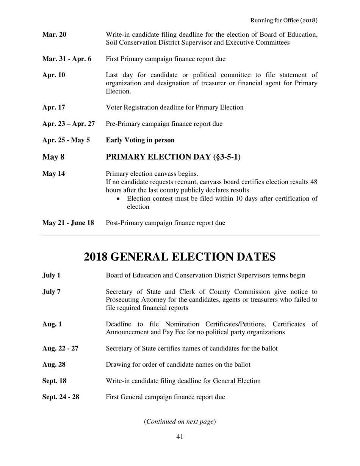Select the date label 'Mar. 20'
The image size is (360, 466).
(54, 35)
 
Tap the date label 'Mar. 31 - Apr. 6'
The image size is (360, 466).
(67, 59)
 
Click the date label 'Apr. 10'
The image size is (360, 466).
(53, 75)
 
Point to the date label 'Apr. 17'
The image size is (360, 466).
(53, 107)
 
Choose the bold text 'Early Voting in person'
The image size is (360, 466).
(140, 140)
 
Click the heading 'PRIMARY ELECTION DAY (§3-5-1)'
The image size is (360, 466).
(173, 157)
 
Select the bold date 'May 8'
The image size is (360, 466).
(51, 157)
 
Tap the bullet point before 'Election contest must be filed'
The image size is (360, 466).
(120, 199)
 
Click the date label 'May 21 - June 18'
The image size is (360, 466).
(68, 223)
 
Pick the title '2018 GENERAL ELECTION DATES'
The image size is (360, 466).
(180, 257)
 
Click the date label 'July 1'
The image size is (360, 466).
(51, 275)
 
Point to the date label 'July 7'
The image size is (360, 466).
(51, 292)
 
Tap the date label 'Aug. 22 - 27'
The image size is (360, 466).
(60, 348)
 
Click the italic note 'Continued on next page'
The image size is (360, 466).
(180, 422)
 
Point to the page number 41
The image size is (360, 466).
(180, 437)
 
